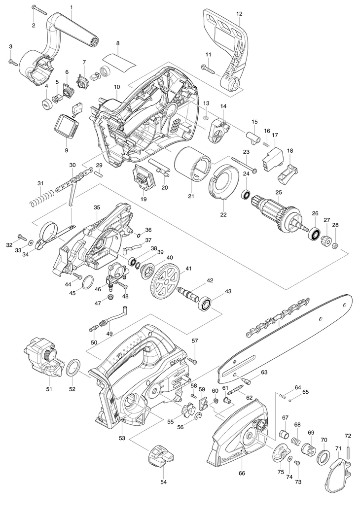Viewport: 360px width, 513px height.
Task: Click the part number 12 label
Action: [239, 14]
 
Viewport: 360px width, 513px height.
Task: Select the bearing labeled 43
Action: [206, 304]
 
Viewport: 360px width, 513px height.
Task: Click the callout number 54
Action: [163, 482]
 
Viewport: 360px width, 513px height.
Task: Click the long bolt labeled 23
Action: [245, 165]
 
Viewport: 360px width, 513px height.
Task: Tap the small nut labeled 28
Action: [335, 245]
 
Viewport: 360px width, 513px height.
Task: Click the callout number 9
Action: [67, 150]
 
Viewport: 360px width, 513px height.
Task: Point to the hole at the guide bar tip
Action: [344, 304]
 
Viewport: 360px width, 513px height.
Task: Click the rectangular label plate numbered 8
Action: [119, 62]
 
